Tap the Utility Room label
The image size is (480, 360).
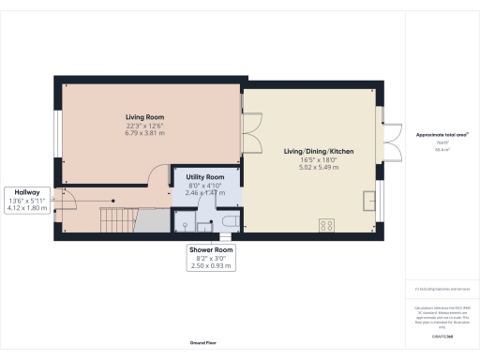pyautogui.click(x=204, y=177)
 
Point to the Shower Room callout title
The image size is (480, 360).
pyautogui.click(x=209, y=250)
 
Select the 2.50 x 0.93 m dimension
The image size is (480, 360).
pyautogui.click(x=209, y=266)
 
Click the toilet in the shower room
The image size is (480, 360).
pyautogui.click(x=228, y=221)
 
